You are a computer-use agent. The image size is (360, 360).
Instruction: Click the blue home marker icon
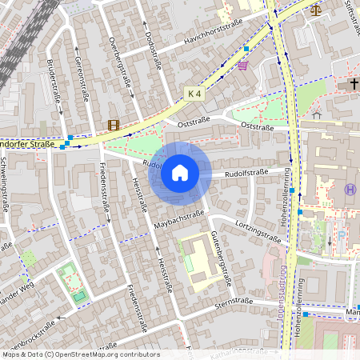click(x=180, y=172)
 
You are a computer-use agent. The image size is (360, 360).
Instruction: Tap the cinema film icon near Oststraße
click(x=114, y=124)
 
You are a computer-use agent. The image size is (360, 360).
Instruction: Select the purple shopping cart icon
click(x=242, y=66)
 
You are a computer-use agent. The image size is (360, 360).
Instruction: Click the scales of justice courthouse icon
click(x=314, y=10)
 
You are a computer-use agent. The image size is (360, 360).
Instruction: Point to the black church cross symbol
click(x=354, y=84)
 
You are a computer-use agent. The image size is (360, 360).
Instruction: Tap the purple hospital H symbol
click(x=350, y=189)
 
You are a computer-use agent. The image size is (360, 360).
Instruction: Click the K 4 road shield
click(x=194, y=93)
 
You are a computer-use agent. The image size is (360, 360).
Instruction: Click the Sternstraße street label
click(x=234, y=303)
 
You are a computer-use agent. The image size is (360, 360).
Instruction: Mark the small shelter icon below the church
click(x=317, y=114)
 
